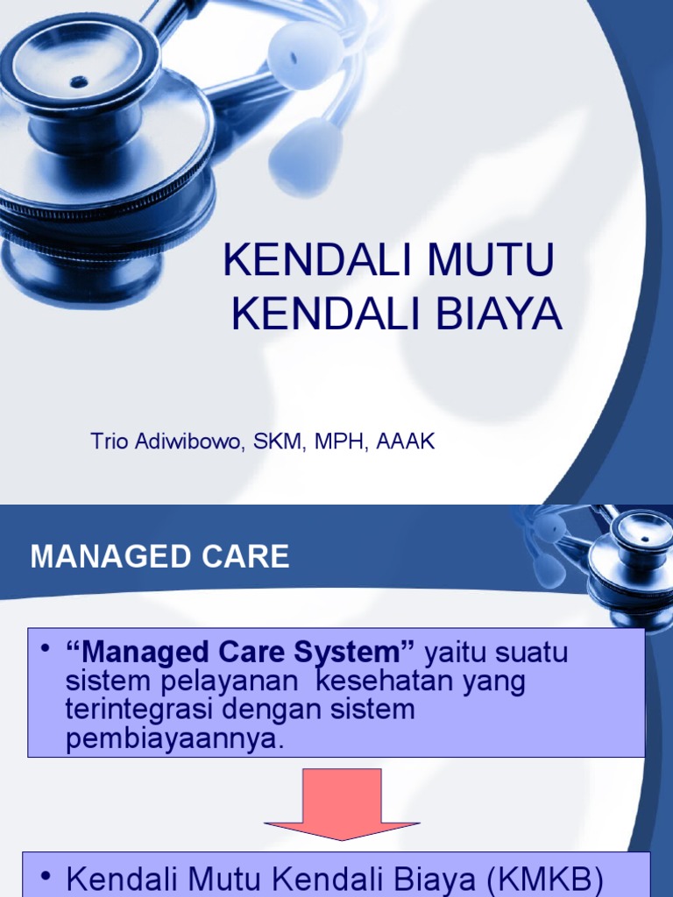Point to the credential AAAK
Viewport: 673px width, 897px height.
tap(405, 441)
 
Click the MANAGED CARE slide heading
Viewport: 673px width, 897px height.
tap(159, 556)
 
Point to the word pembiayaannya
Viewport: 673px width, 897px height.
tap(175, 738)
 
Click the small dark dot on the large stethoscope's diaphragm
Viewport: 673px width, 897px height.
tap(79, 81)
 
